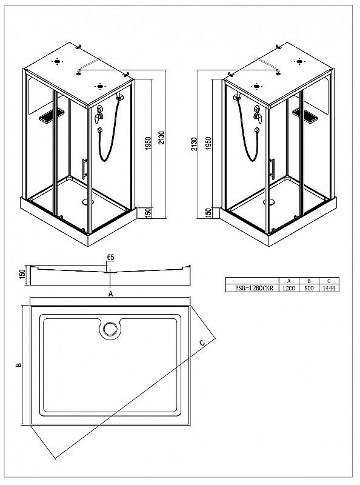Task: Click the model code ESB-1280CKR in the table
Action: pos(254,288)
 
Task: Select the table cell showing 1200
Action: pos(289,288)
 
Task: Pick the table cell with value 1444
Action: pos(328,288)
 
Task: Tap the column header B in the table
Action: pos(308,281)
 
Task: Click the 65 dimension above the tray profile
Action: pos(110,257)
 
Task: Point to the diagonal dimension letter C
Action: pos(202,343)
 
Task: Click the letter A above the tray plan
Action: pos(110,293)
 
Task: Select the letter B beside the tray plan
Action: pos(19,365)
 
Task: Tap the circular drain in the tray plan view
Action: pos(110,329)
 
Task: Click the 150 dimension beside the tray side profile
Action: pos(22,275)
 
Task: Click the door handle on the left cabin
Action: pos(84,169)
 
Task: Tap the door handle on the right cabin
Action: pos(272,169)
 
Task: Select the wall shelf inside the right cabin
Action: pos(305,115)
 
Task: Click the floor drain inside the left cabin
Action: pos(88,202)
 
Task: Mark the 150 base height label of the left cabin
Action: pos(148,213)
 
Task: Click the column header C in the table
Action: pos(328,281)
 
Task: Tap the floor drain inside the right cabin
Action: pos(268,202)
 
